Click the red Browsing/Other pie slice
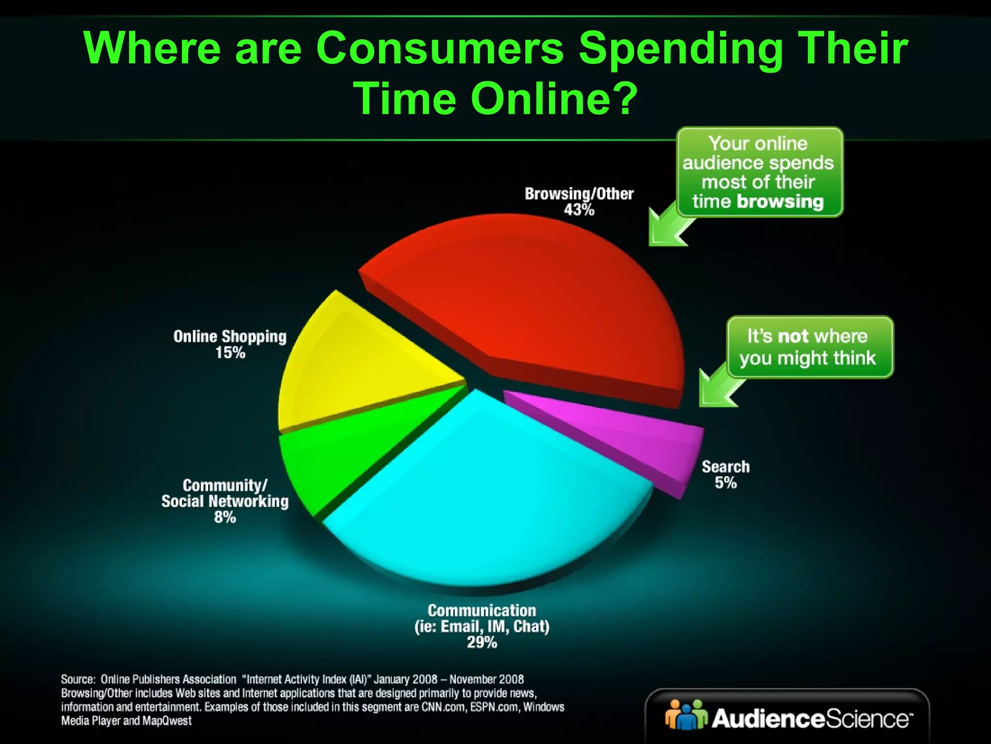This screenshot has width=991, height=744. [532, 300]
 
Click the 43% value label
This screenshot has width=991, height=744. [579, 210]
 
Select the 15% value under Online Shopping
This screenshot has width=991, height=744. [230, 353]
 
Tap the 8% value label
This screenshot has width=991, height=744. [225, 517]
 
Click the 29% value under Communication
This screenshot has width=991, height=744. [482, 643]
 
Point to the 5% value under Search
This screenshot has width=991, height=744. [725, 483]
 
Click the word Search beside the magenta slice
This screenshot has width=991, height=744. [725, 466]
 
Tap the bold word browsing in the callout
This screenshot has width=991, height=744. [780, 201]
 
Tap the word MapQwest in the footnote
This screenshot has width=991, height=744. [167, 721]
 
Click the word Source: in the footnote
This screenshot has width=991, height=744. [77, 680]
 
